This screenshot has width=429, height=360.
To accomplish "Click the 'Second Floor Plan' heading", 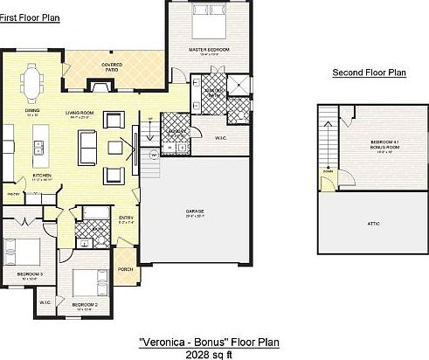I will coord(369,73).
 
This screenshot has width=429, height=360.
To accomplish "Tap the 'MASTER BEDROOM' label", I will coord(210,50).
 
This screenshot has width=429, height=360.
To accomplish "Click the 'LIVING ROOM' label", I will coord(86,113).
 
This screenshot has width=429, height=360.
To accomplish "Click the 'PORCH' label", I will coord(125,268).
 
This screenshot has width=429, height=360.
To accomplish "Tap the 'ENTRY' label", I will coord(124,219).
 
